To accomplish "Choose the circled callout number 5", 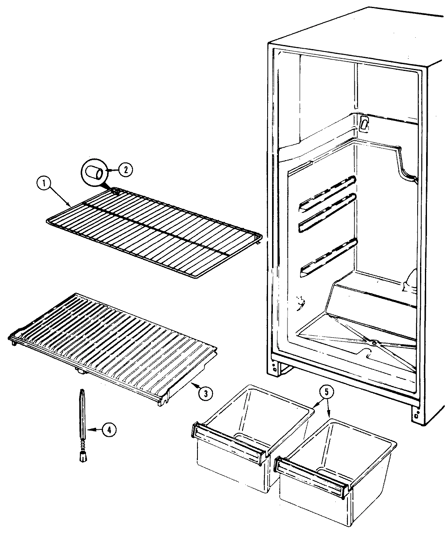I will [x=327, y=392].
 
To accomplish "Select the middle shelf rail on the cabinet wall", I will [x=328, y=214].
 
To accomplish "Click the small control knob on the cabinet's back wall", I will [x=364, y=124].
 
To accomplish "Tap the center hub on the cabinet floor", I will [x=373, y=343].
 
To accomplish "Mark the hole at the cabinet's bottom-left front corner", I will [x=275, y=369].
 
